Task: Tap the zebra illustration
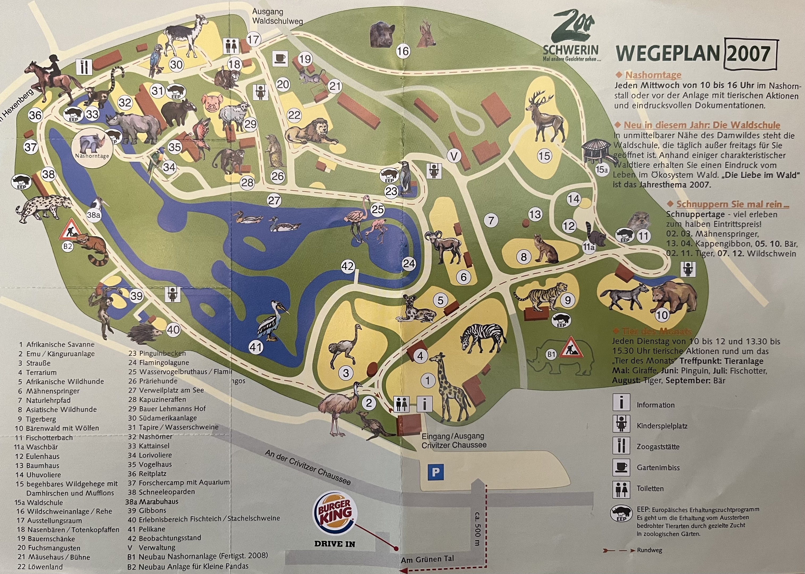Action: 483,337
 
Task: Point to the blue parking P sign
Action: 435,472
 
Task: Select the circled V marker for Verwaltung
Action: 454,156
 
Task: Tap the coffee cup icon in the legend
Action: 621,467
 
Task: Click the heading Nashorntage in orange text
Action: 653,75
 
